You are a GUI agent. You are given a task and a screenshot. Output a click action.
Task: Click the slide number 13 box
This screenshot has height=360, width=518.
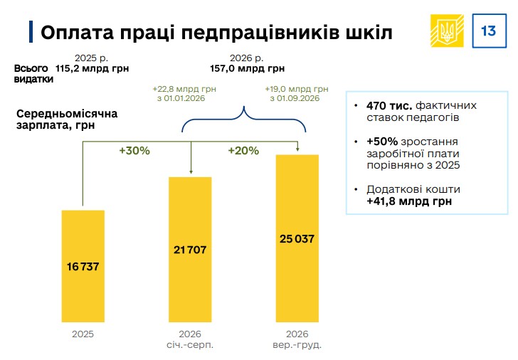(x=489, y=31)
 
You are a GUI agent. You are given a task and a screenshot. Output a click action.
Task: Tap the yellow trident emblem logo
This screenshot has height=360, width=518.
(x=448, y=31)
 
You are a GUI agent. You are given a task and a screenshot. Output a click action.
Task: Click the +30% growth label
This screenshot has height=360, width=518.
(x=134, y=151)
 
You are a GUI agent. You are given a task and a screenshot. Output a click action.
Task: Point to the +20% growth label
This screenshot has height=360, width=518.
(x=243, y=151)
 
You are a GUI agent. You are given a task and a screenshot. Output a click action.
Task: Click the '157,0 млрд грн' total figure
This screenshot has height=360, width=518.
(x=247, y=68)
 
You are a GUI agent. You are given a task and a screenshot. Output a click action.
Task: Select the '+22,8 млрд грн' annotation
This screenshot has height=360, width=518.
(x=184, y=89)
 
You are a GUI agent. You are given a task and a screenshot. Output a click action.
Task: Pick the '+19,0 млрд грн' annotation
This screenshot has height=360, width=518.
(x=297, y=89)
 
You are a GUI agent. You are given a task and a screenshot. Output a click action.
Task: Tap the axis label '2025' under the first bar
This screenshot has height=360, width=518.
(x=83, y=334)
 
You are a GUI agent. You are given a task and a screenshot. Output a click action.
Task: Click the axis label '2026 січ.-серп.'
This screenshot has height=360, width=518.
(x=190, y=339)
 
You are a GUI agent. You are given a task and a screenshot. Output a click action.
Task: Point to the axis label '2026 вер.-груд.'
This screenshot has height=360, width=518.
(x=297, y=339)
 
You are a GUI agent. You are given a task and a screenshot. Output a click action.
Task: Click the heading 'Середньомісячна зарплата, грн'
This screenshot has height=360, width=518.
(x=66, y=120)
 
